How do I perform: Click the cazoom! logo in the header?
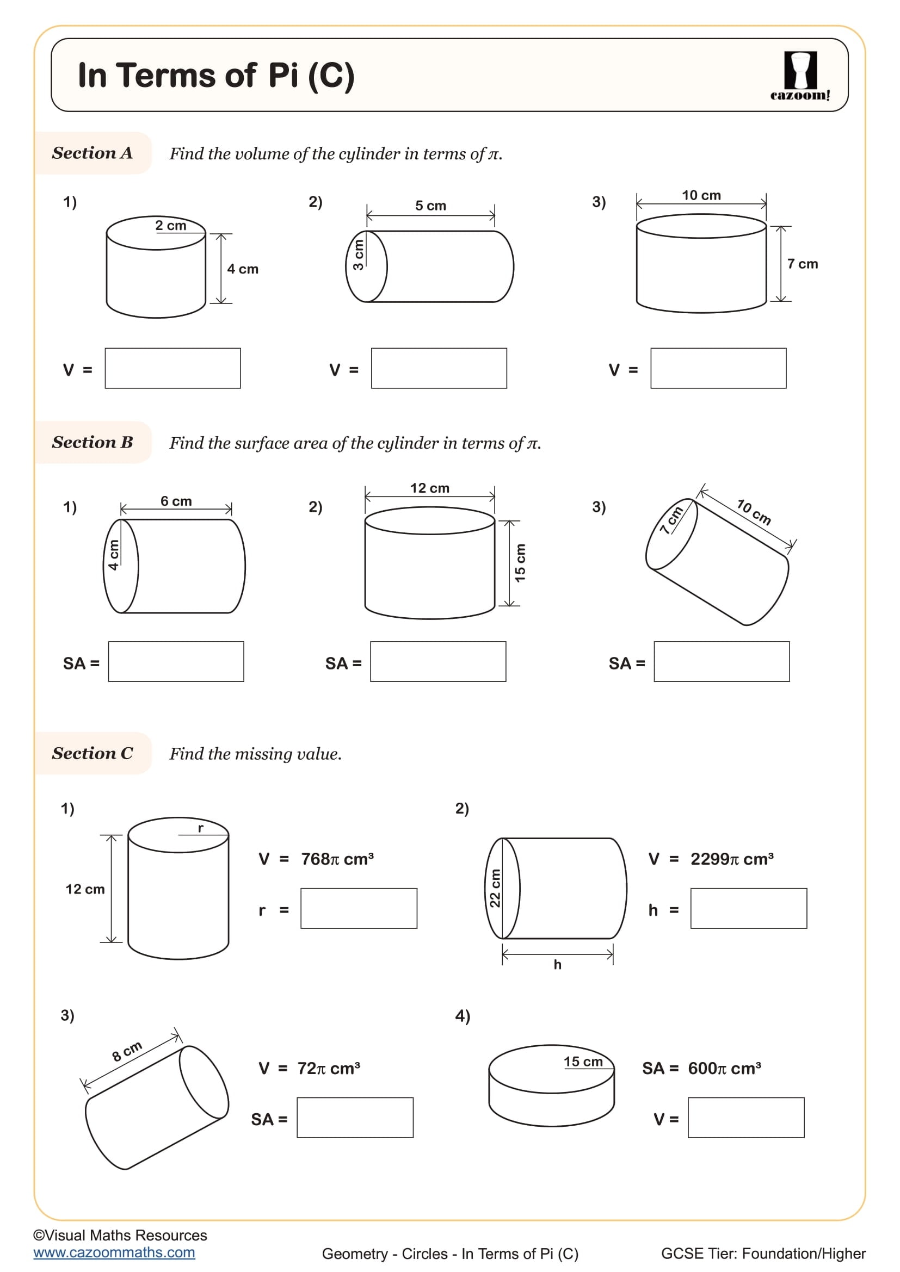pyautogui.click(x=800, y=76)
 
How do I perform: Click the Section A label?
pyautogui.click(x=92, y=153)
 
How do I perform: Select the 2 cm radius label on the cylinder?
pyautogui.click(x=171, y=226)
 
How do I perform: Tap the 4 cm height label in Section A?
pyautogui.click(x=243, y=269)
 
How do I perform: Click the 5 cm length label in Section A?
pyautogui.click(x=430, y=206)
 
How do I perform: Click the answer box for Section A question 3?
pyautogui.click(x=718, y=368)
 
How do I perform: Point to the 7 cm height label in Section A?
pyautogui.click(x=802, y=264)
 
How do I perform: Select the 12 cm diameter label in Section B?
pyautogui.click(x=429, y=488)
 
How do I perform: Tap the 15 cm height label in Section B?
pyautogui.click(x=520, y=563)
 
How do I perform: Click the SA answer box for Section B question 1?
pyautogui.click(x=176, y=661)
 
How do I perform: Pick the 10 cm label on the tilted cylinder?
pyautogui.click(x=754, y=512)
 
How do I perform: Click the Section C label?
pyautogui.click(x=92, y=753)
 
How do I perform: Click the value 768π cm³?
pyautogui.click(x=337, y=859)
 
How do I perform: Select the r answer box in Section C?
pyautogui.click(x=359, y=909)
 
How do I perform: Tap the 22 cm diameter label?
pyautogui.click(x=494, y=888)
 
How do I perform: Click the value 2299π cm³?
pyautogui.click(x=731, y=859)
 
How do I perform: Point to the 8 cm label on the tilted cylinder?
pyautogui.click(x=127, y=1051)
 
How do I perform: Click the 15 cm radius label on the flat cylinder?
pyautogui.click(x=583, y=1062)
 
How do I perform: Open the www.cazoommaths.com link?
pyautogui.click(x=114, y=1252)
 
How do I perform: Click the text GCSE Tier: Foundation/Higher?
pyautogui.click(x=763, y=1253)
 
